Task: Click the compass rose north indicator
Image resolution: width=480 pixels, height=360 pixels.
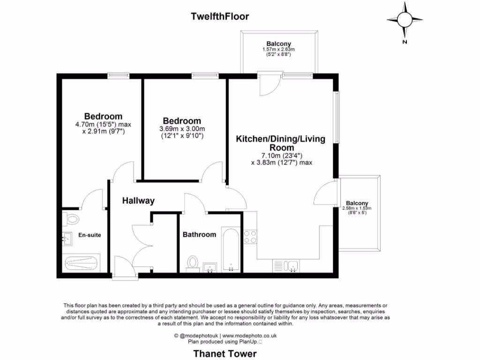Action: coord(404,20)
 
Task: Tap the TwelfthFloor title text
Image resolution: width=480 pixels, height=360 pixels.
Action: coord(220,16)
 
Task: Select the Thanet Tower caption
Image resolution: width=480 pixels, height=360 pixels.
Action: coord(225,353)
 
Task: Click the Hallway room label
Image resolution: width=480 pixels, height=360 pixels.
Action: coord(138,201)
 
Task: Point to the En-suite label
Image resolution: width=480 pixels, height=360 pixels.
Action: coord(90,235)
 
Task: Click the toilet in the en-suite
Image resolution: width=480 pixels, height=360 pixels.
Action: coord(72,218)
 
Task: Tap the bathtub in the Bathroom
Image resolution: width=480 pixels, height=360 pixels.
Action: coord(230,250)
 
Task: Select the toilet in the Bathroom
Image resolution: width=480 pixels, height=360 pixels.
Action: coord(192,262)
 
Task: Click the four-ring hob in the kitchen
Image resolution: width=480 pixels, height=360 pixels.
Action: coord(250,237)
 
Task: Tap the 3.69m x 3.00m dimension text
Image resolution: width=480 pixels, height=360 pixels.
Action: coord(182,129)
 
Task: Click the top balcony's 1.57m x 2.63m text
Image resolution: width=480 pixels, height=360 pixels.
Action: coord(278,49)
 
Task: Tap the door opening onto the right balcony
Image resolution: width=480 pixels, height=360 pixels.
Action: coord(324,194)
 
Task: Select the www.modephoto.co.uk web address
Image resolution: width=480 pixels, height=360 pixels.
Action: coord(249,336)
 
